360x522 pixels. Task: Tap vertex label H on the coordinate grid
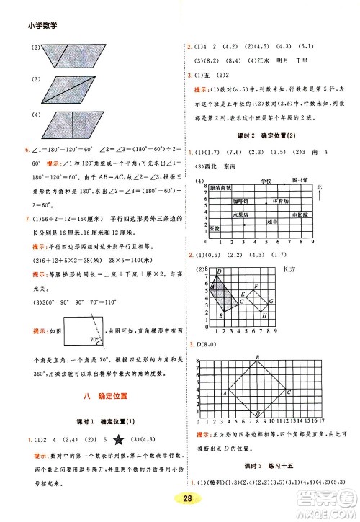pyautogui.click(x=265, y=315)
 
